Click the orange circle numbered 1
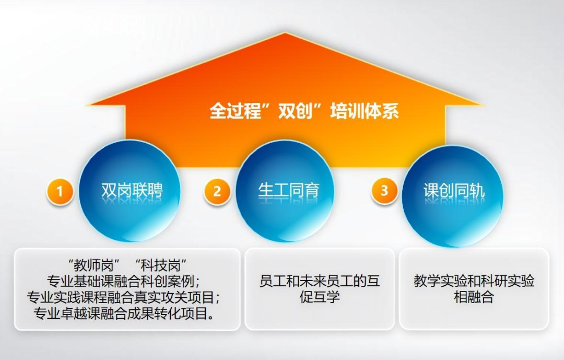[x=60, y=191]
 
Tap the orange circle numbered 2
[x=217, y=191]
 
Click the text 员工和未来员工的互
[x=320, y=281]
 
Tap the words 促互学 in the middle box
[x=320, y=297]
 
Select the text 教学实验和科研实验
[x=474, y=281]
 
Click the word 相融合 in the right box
[x=474, y=297]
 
